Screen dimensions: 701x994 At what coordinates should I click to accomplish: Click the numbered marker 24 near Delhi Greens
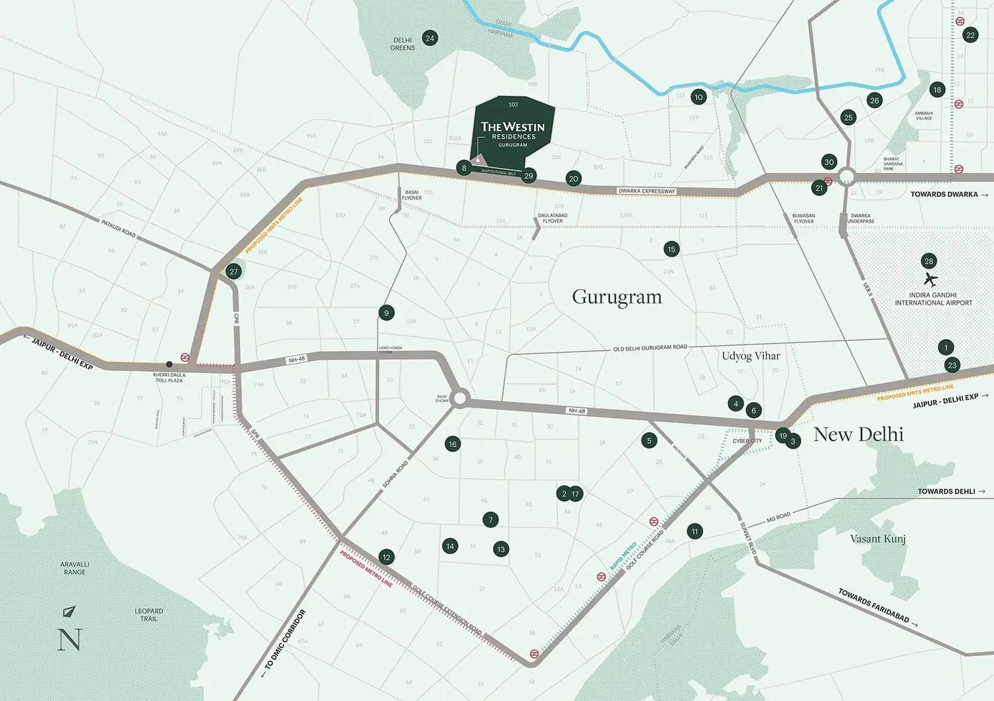click(x=429, y=38)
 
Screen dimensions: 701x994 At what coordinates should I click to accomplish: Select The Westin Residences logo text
click(x=513, y=131)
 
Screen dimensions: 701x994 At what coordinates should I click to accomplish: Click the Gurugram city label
click(x=617, y=297)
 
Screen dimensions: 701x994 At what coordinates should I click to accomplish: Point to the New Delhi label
click(x=858, y=435)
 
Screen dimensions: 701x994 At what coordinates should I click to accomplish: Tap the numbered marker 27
click(x=233, y=272)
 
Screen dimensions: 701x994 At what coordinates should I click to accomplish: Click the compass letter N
click(x=70, y=639)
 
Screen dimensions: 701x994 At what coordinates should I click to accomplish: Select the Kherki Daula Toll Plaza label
click(x=169, y=378)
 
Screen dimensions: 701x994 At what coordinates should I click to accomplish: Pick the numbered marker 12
click(x=386, y=557)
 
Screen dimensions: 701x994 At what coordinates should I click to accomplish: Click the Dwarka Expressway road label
click(x=647, y=191)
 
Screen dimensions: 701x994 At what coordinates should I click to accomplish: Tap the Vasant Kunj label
click(x=877, y=539)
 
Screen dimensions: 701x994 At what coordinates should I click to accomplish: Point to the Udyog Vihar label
click(x=751, y=356)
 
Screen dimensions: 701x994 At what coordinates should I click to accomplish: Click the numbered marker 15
click(x=671, y=249)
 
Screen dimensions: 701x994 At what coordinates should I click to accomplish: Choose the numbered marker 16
click(x=453, y=444)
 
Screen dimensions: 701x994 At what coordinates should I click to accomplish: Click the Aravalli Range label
click(x=74, y=568)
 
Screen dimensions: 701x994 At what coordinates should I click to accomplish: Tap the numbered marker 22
click(x=970, y=35)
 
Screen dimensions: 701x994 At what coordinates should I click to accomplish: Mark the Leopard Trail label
click(x=148, y=615)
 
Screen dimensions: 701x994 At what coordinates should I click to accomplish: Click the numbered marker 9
click(x=386, y=313)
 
